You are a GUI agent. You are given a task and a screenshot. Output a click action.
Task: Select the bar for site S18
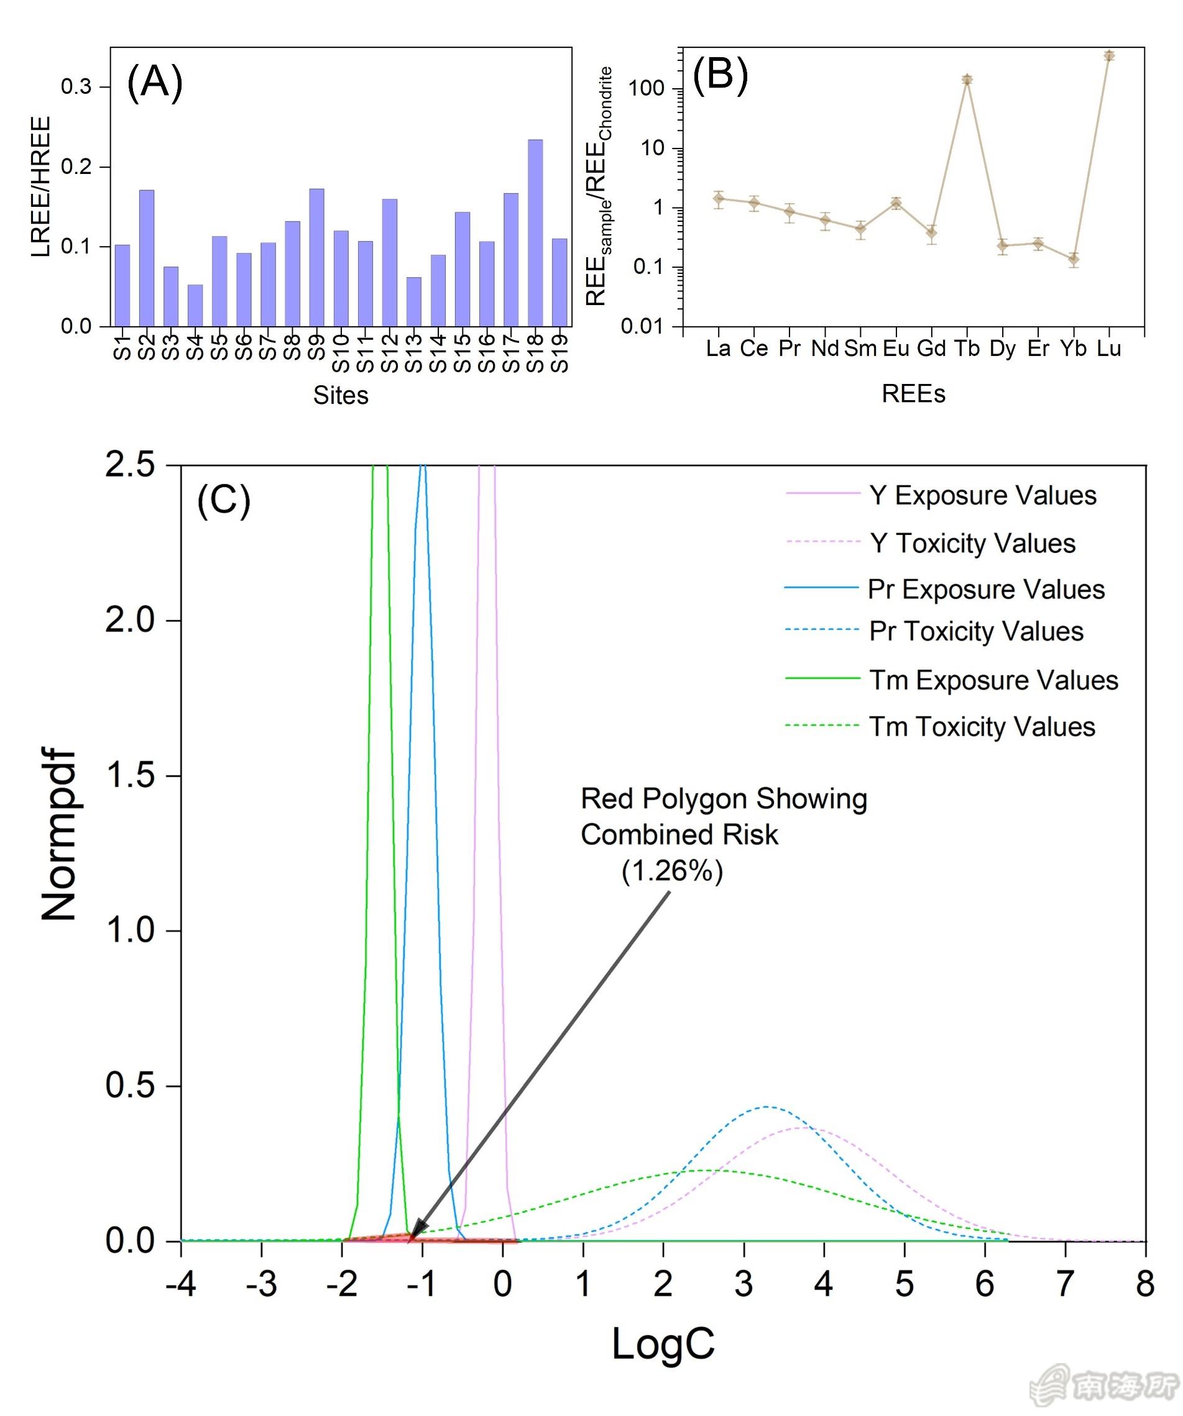[534, 232]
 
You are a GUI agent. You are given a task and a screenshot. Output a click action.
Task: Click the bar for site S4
[195, 306]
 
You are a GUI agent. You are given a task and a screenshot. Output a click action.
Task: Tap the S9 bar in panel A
[316, 258]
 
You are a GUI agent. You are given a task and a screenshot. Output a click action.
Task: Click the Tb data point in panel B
[967, 80]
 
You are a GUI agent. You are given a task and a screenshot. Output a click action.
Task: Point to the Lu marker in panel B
[1109, 55]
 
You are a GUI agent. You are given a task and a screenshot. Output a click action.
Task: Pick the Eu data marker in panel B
[896, 203]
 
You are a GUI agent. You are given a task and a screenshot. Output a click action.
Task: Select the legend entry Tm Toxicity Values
[982, 727]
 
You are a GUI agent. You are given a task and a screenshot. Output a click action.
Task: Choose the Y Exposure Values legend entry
[982, 496]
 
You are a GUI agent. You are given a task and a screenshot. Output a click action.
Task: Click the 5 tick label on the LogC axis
[904, 1285]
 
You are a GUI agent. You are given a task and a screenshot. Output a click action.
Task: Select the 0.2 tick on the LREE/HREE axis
[76, 167]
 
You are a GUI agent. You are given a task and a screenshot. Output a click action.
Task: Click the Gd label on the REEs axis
[931, 349]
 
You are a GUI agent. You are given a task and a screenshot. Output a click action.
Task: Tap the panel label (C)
[223, 501]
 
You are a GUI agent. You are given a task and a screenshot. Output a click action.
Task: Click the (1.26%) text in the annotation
[672, 871]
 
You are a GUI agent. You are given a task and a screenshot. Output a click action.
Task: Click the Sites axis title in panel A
[341, 395]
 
